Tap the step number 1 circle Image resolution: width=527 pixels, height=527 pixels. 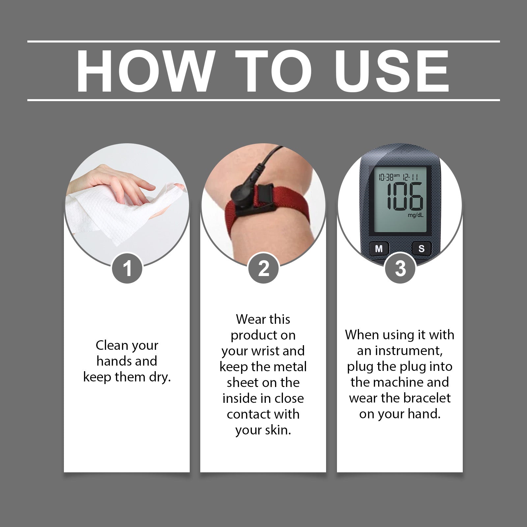(x=127, y=268)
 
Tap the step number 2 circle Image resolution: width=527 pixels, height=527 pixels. (x=263, y=268)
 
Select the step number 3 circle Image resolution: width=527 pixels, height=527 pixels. (x=400, y=268)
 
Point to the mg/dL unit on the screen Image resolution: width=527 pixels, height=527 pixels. (x=415, y=215)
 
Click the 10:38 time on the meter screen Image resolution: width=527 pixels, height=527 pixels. (x=386, y=178)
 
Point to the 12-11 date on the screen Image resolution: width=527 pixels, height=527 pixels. (x=410, y=178)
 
